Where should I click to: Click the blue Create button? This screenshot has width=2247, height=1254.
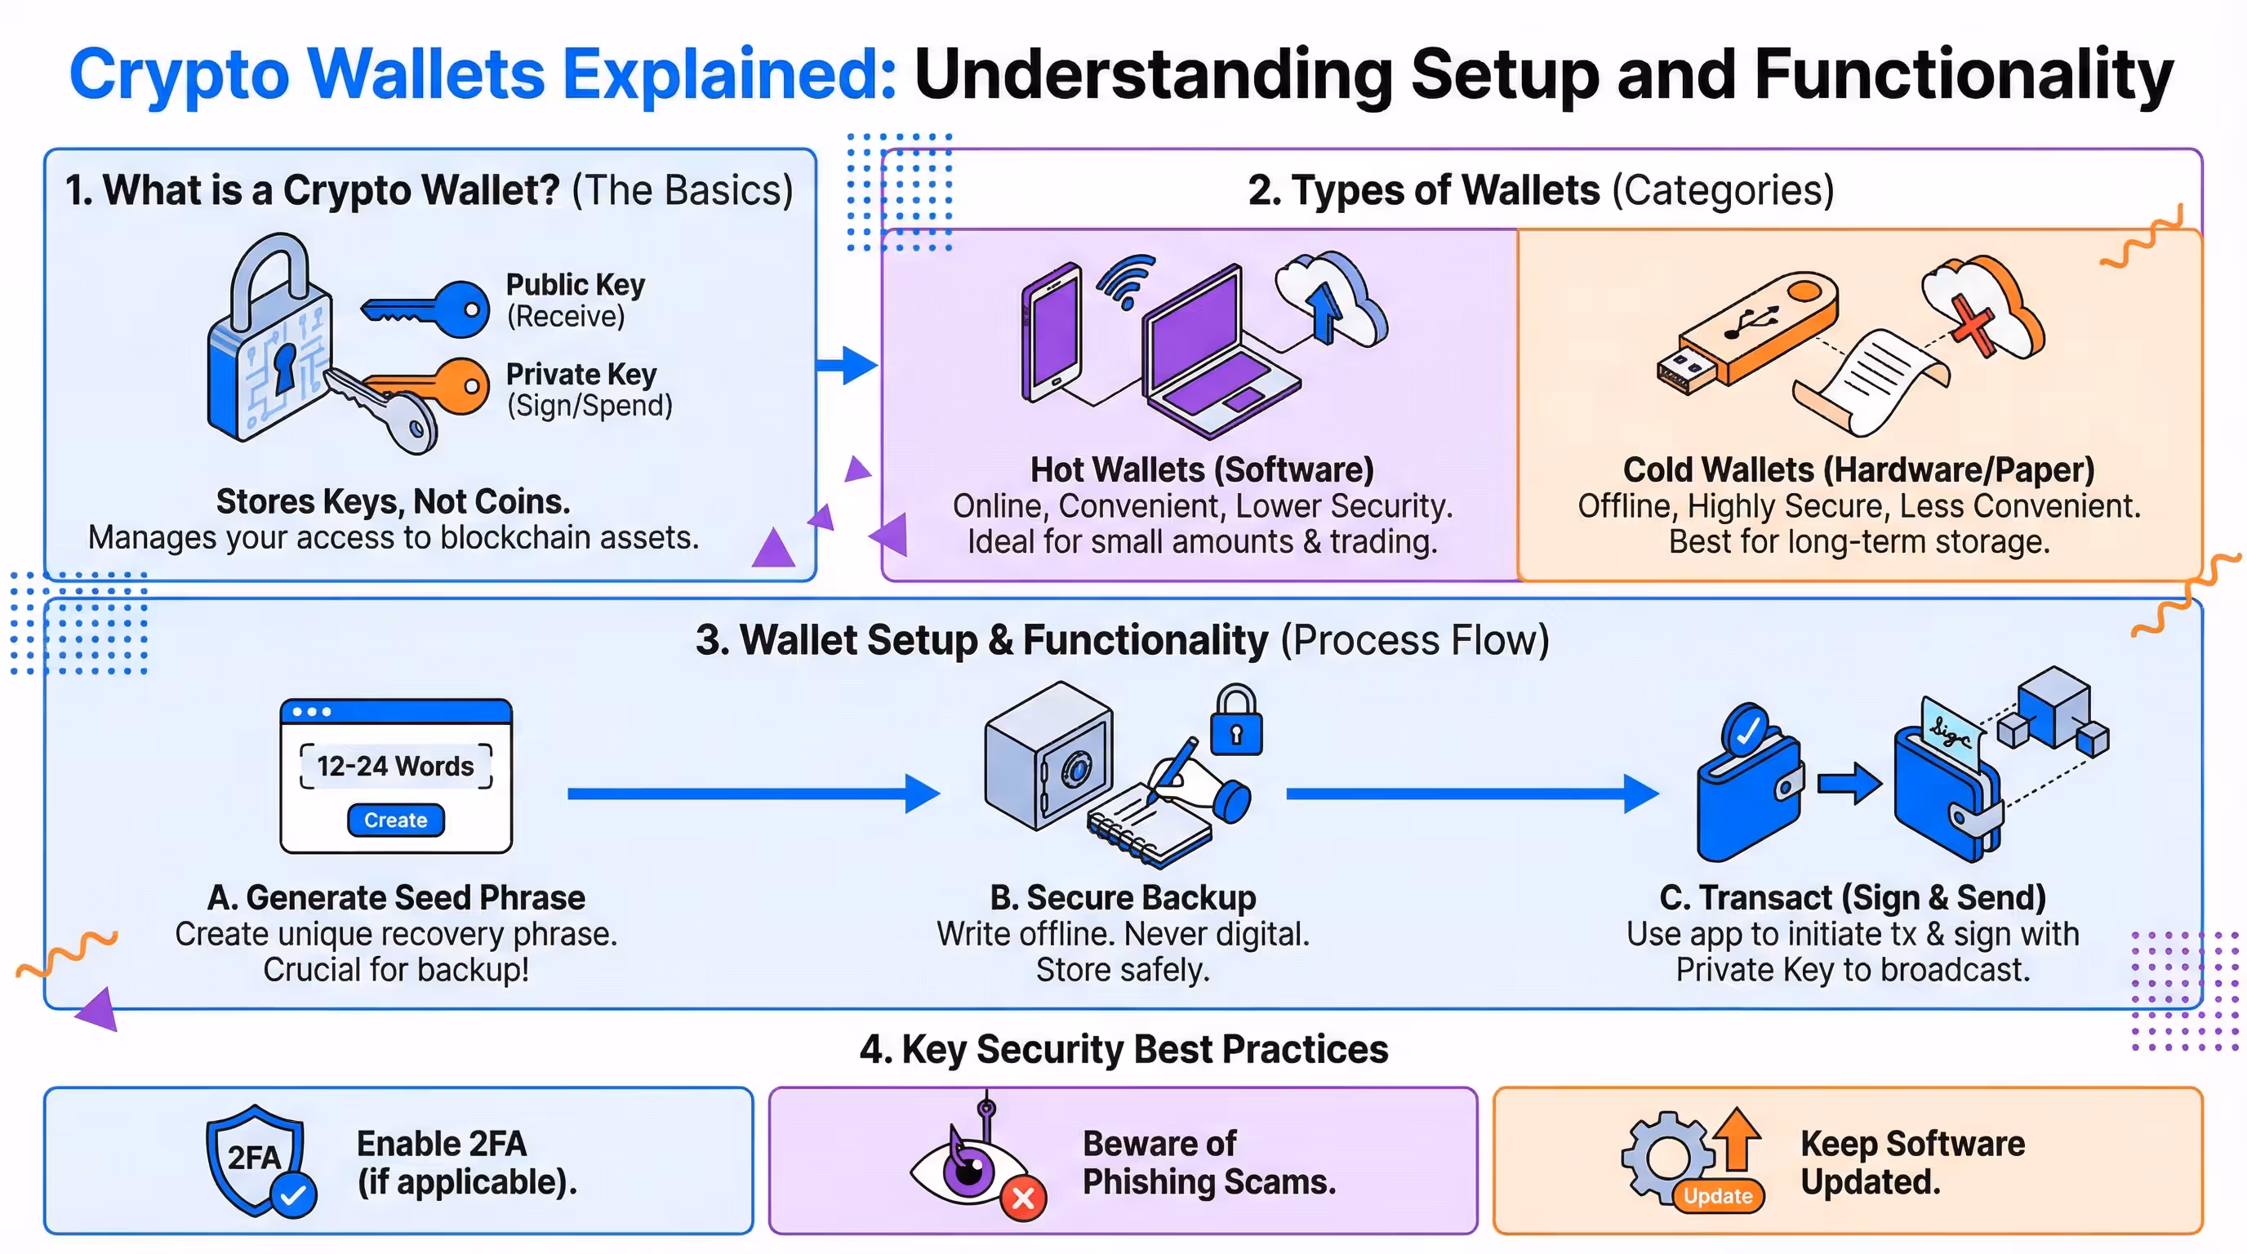pos(395,820)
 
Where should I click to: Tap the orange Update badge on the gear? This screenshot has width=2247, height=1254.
pos(1716,1195)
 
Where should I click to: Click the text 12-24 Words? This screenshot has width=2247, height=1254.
pos(395,766)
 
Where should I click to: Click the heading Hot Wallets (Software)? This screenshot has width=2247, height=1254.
pos(1201,470)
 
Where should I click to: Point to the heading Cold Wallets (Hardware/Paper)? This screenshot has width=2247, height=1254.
pos(1858,470)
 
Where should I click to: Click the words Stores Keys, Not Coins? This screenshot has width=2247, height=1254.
pos(393,501)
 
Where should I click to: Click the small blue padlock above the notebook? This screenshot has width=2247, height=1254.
pos(1235,722)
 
